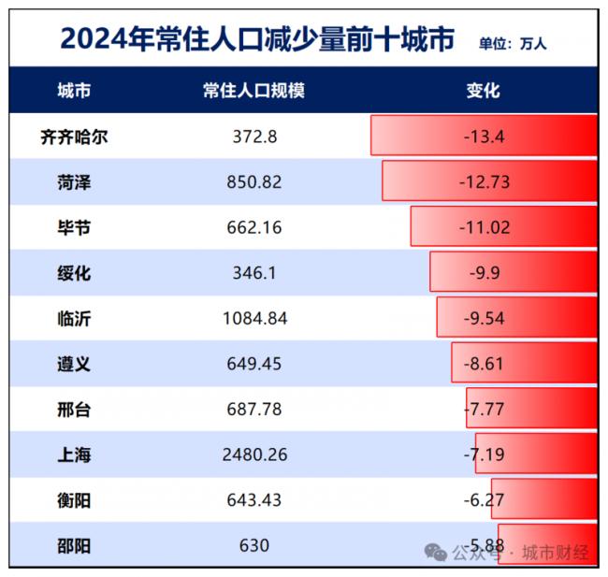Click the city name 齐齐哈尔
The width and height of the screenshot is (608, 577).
pyautogui.click(x=74, y=137)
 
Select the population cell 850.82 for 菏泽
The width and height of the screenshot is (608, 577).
pyautogui.click(x=253, y=182)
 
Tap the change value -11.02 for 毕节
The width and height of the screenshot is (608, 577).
pyautogui.click(x=484, y=227)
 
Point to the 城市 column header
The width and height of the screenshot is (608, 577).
pyautogui.click(x=74, y=92)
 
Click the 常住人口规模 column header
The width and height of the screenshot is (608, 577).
pyautogui.click(x=253, y=92)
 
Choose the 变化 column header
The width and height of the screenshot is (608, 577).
pyautogui.click(x=484, y=92)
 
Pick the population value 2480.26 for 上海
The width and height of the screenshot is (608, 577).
pyautogui.click(x=253, y=455)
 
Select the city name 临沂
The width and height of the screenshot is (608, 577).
pyautogui.click(x=74, y=319)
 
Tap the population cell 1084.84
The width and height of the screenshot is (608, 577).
pyautogui.click(x=253, y=319)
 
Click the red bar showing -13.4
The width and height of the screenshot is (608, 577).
pyautogui.click(x=484, y=137)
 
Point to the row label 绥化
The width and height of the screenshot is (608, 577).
pyautogui.click(x=74, y=273)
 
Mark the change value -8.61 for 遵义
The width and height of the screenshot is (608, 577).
pyautogui.click(x=484, y=364)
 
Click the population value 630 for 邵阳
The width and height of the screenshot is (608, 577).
pyautogui.click(x=253, y=546)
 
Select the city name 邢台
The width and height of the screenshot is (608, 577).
pyautogui.click(x=74, y=410)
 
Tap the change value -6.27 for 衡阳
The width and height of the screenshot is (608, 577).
pyautogui.click(x=484, y=500)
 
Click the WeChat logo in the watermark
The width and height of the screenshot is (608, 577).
pyautogui.click(x=436, y=553)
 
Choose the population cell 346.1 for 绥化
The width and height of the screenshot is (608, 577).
pyautogui.click(x=253, y=273)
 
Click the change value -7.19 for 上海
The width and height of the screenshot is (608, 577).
pyautogui.click(x=484, y=455)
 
